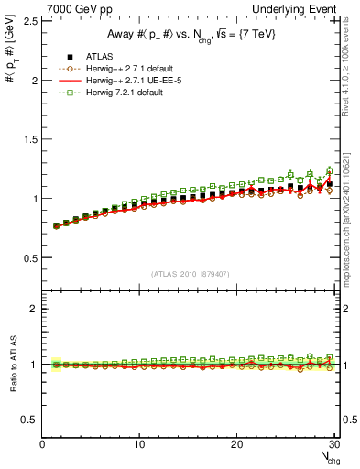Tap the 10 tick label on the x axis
click(139, 444)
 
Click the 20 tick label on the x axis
click(236, 444)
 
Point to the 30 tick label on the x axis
click(333, 444)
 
